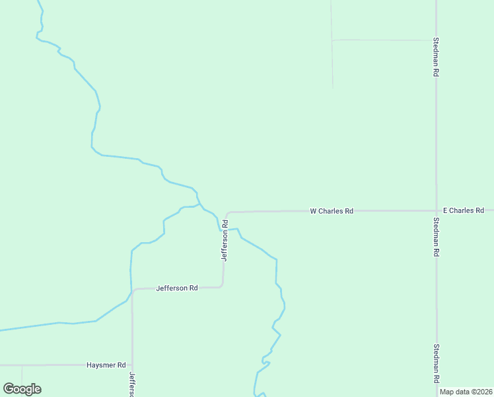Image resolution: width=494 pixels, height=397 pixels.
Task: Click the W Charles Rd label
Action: (x=332, y=211)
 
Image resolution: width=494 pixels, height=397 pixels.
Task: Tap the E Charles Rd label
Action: (x=464, y=210)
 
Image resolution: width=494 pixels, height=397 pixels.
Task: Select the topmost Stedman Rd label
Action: (x=436, y=56)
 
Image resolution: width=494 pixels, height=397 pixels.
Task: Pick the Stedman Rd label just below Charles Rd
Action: (x=436, y=237)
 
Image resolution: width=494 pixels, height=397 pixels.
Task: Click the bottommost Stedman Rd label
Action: (x=436, y=363)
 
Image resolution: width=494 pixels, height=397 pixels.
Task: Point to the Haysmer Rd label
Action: (x=106, y=365)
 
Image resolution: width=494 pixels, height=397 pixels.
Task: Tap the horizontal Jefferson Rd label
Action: (x=177, y=288)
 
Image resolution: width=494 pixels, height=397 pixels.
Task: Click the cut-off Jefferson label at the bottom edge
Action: (x=132, y=384)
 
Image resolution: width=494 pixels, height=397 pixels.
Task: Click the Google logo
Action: (x=22, y=389)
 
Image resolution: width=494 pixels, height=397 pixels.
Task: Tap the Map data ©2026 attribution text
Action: (x=466, y=392)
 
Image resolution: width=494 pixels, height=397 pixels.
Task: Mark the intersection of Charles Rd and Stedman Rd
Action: (x=436, y=210)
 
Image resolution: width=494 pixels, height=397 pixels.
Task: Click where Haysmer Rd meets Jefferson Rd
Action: (x=132, y=365)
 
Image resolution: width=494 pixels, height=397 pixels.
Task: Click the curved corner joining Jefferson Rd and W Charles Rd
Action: (x=227, y=214)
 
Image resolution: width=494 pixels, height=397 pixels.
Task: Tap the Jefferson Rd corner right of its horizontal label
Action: (x=222, y=286)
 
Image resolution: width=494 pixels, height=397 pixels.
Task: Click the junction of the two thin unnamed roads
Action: (x=332, y=40)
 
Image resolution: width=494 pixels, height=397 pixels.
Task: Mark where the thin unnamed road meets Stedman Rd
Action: (x=436, y=40)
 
